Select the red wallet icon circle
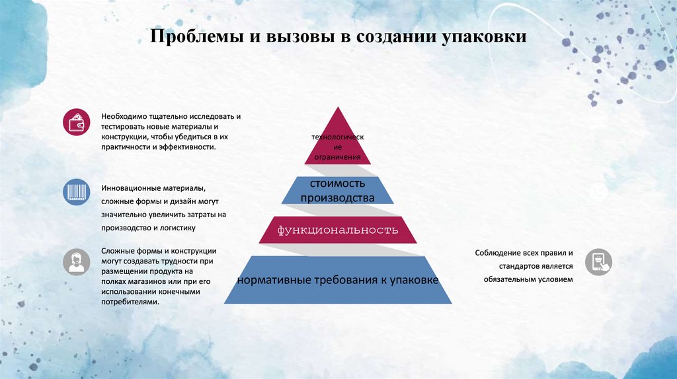(77, 123)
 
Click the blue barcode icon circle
(77, 192)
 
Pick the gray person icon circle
(77, 261)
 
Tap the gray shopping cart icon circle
(598, 261)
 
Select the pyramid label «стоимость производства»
(338, 191)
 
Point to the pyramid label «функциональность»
(338, 230)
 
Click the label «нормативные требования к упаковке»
(338, 281)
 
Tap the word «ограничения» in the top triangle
(338, 157)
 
